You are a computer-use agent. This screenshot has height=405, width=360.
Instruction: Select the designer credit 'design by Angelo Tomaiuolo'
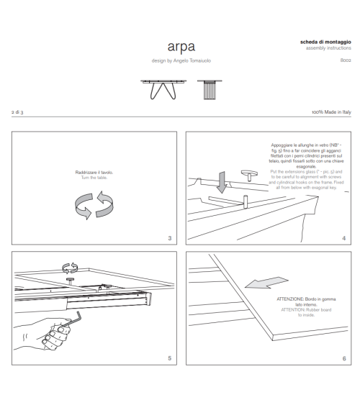[179, 60]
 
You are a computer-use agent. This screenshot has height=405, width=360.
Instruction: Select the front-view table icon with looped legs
[159, 88]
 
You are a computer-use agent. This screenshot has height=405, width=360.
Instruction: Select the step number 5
[168, 358]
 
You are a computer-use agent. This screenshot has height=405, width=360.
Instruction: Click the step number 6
[343, 358]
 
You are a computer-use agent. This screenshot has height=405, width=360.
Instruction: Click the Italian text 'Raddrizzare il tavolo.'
[93, 173]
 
